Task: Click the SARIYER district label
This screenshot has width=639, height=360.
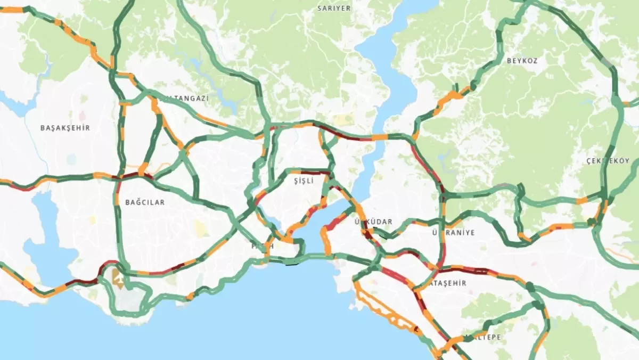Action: (x=334, y=9)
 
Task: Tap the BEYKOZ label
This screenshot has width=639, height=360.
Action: (x=522, y=61)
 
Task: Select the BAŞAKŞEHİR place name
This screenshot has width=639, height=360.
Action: (x=65, y=128)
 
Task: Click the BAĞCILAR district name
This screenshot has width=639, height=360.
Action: (x=145, y=202)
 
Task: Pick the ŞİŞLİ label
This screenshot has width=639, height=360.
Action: (x=304, y=181)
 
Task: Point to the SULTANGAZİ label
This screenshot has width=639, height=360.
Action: (x=186, y=99)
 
